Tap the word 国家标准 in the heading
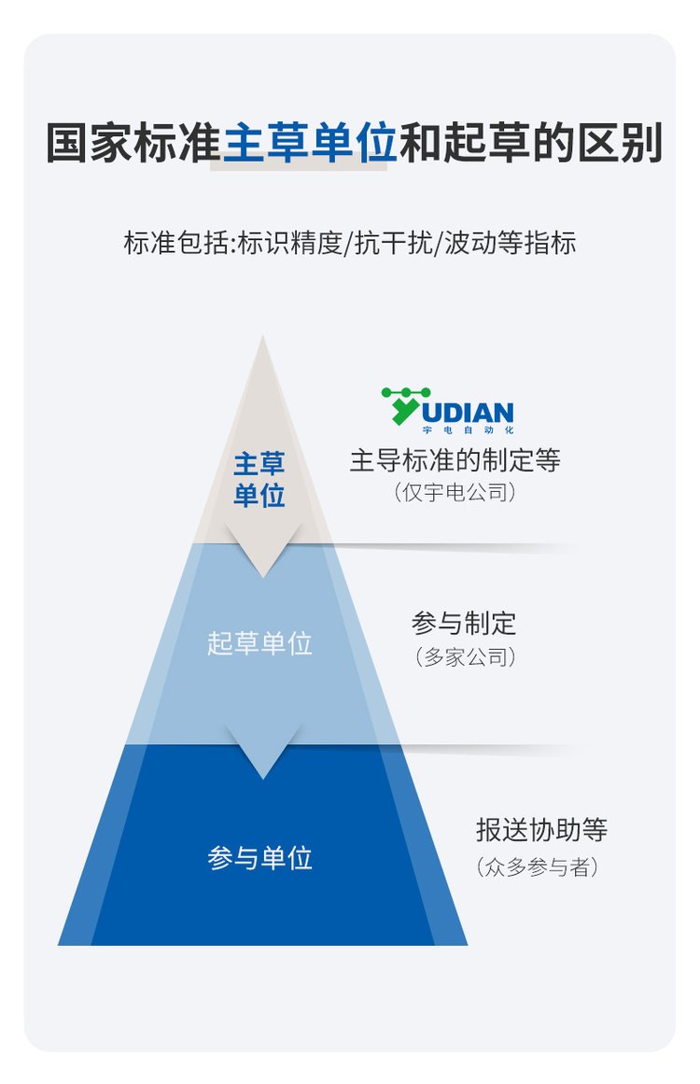pos(133,143)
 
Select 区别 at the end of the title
pos(620,143)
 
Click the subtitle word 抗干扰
pos(394,243)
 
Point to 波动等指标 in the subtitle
pos(510,243)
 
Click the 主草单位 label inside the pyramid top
pos(259,479)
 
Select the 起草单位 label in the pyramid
pos(259,643)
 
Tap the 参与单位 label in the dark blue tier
pos(259,858)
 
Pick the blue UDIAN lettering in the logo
pos(468,413)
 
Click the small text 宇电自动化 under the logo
pos(468,430)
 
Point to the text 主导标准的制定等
pos(455,459)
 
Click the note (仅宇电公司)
pos(455,493)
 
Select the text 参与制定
pos(464,623)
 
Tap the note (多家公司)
pos(465,656)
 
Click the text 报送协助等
pos(541,830)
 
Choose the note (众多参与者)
pos(537,866)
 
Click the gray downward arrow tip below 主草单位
pos(262,577)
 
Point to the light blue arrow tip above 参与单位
pos(262,779)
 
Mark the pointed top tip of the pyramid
pos(262,337)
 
